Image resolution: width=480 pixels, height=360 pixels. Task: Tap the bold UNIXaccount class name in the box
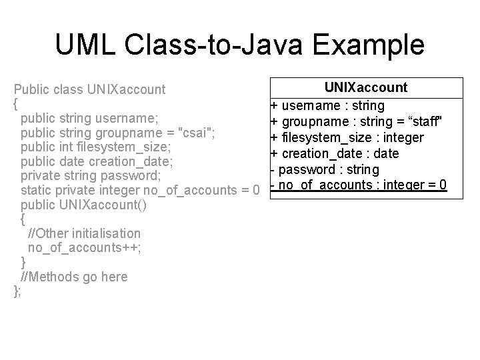point(366,88)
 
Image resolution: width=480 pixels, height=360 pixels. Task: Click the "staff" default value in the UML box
point(418,121)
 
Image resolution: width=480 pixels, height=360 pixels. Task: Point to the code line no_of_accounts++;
point(84,247)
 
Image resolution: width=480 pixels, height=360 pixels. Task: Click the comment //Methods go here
point(74,277)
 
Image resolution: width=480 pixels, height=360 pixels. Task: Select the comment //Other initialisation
point(84,233)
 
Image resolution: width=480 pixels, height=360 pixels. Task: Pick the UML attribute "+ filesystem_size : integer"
point(347,137)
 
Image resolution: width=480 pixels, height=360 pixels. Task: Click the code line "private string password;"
point(91,176)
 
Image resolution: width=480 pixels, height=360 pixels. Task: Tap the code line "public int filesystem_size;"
point(96,147)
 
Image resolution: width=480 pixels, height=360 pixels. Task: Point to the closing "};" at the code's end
point(18,291)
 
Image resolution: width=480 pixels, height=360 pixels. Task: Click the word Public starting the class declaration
point(30,88)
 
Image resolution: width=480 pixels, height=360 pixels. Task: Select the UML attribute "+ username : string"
point(327,105)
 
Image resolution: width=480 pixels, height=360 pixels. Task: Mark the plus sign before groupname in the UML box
point(273,121)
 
